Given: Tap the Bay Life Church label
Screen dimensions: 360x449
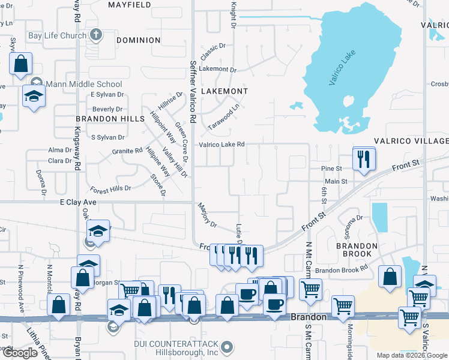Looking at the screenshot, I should coord(57,36).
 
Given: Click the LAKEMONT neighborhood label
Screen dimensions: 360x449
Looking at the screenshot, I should coord(224,91).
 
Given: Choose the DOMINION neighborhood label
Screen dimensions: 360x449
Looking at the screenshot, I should coord(139,40).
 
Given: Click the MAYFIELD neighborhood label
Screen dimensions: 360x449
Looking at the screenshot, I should coord(129,5).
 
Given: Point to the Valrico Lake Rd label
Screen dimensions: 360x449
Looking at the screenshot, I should coord(222,144).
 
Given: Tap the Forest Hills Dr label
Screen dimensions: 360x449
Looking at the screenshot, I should coord(111,190).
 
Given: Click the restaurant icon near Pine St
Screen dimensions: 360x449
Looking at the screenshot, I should coord(364,159).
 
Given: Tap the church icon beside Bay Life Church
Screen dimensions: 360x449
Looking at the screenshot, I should coord(95,35).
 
